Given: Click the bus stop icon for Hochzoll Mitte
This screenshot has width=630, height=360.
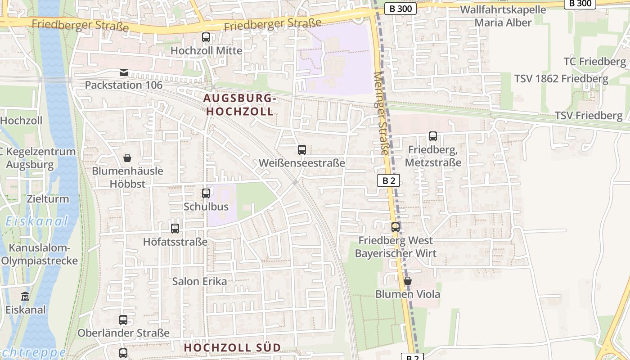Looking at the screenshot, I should coord(206,37).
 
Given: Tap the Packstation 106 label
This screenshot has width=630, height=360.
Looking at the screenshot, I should coord(124,85).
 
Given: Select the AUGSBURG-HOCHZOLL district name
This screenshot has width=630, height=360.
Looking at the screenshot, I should coord(238,104).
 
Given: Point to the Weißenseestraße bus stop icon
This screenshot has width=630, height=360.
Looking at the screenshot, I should coord(302,150).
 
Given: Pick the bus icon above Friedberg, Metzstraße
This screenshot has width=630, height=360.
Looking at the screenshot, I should coord(433,136).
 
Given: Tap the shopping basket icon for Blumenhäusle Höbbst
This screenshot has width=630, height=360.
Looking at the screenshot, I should coord(127,158).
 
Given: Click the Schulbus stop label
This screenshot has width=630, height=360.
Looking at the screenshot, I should coord(206,207).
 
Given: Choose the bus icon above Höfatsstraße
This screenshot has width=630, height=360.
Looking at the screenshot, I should coord(175,229).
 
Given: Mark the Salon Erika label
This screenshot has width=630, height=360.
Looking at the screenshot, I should coord(199,281).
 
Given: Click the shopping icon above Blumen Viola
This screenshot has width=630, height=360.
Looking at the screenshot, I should coord(408,281).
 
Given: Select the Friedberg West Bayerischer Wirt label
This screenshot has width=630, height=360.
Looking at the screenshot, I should coord(396,247).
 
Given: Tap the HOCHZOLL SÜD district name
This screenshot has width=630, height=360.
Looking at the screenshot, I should coord(232,347).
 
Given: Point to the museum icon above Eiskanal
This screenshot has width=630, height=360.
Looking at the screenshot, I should coord(25,297).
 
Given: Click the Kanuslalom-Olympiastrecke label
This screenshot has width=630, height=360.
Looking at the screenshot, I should coord(40,254).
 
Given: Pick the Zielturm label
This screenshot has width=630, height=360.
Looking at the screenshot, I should coord(48,199).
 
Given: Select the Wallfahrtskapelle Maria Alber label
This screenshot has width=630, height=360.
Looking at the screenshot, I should coord(503,16).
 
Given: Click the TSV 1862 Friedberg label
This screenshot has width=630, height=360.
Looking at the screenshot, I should coord(561,79).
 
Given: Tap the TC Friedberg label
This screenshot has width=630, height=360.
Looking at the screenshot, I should coord(595,61).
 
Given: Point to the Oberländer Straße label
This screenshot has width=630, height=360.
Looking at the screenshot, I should coord(123,333).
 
